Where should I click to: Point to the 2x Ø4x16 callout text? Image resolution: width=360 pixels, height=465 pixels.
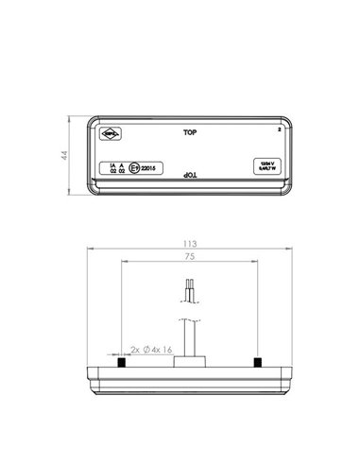[x=151, y=350]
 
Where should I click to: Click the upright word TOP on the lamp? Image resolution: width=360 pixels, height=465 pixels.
[x=190, y=133]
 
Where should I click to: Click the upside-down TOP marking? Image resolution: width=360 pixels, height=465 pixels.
[x=189, y=176]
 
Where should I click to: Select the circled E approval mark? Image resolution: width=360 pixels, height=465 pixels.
[x=135, y=169]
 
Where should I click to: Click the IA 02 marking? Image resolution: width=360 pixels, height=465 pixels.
[x=112, y=169]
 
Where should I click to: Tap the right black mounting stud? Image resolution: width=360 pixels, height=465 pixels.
[x=257, y=362]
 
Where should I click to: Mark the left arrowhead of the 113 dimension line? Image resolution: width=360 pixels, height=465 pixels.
[x=89, y=250]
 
